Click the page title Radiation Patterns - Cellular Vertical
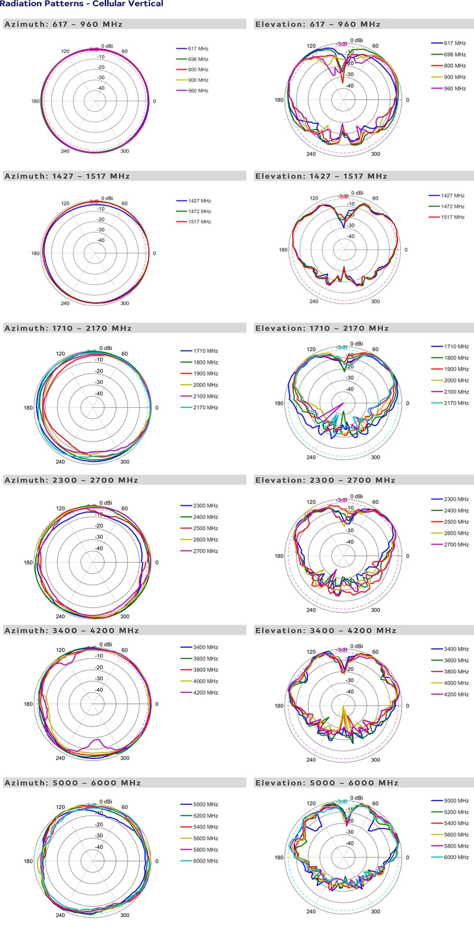pyautogui.click(x=82, y=4)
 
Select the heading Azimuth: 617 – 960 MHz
pyautogui.click(x=63, y=24)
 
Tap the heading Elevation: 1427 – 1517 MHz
pyautogui.click(x=321, y=176)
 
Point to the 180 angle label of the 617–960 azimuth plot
pyautogui.click(x=35, y=101)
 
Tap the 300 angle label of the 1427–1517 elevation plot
pyautogui.click(x=375, y=301)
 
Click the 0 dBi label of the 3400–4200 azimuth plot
pyautogui.click(x=106, y=644)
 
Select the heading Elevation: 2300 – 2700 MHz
pyautogui.click(x=325, y=480)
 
